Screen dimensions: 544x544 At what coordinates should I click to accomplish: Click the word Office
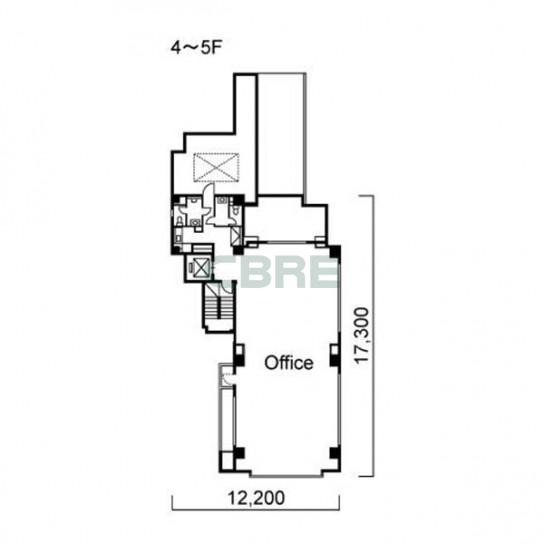click(289, 363)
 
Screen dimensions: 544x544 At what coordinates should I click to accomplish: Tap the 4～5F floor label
click(196, 48)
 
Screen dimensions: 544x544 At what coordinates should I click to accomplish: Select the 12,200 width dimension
click(256, 498)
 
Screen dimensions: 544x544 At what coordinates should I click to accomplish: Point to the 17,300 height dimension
click(362, 335)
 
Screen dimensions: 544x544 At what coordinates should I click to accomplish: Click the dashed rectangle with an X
click(216, 168)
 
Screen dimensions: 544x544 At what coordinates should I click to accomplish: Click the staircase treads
click(219, 306)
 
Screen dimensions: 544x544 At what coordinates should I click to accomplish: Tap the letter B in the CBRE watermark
click(249, 273)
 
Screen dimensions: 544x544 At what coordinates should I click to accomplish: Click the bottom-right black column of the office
click(334, 453)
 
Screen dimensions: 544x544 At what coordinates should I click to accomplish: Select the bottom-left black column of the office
click(239, 453)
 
